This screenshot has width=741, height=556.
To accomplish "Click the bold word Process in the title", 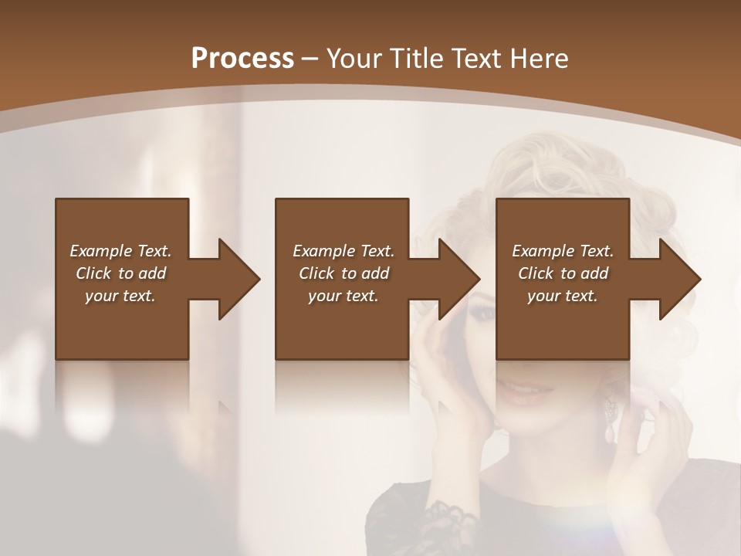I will [x=242, y=59].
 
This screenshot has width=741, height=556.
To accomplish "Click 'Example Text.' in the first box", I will [x=120, y=251].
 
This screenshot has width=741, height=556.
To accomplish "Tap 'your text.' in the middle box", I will [x=343, y=296].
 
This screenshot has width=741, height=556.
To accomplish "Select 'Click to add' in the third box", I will [x=563, y=273].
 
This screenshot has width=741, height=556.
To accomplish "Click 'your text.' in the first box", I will [x=120, y=296].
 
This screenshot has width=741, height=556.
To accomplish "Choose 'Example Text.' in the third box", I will [x=563, y=251].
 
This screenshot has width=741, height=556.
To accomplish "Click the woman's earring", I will [x=611, y=417].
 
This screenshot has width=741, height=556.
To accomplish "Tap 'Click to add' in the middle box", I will [x=343, y=273].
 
